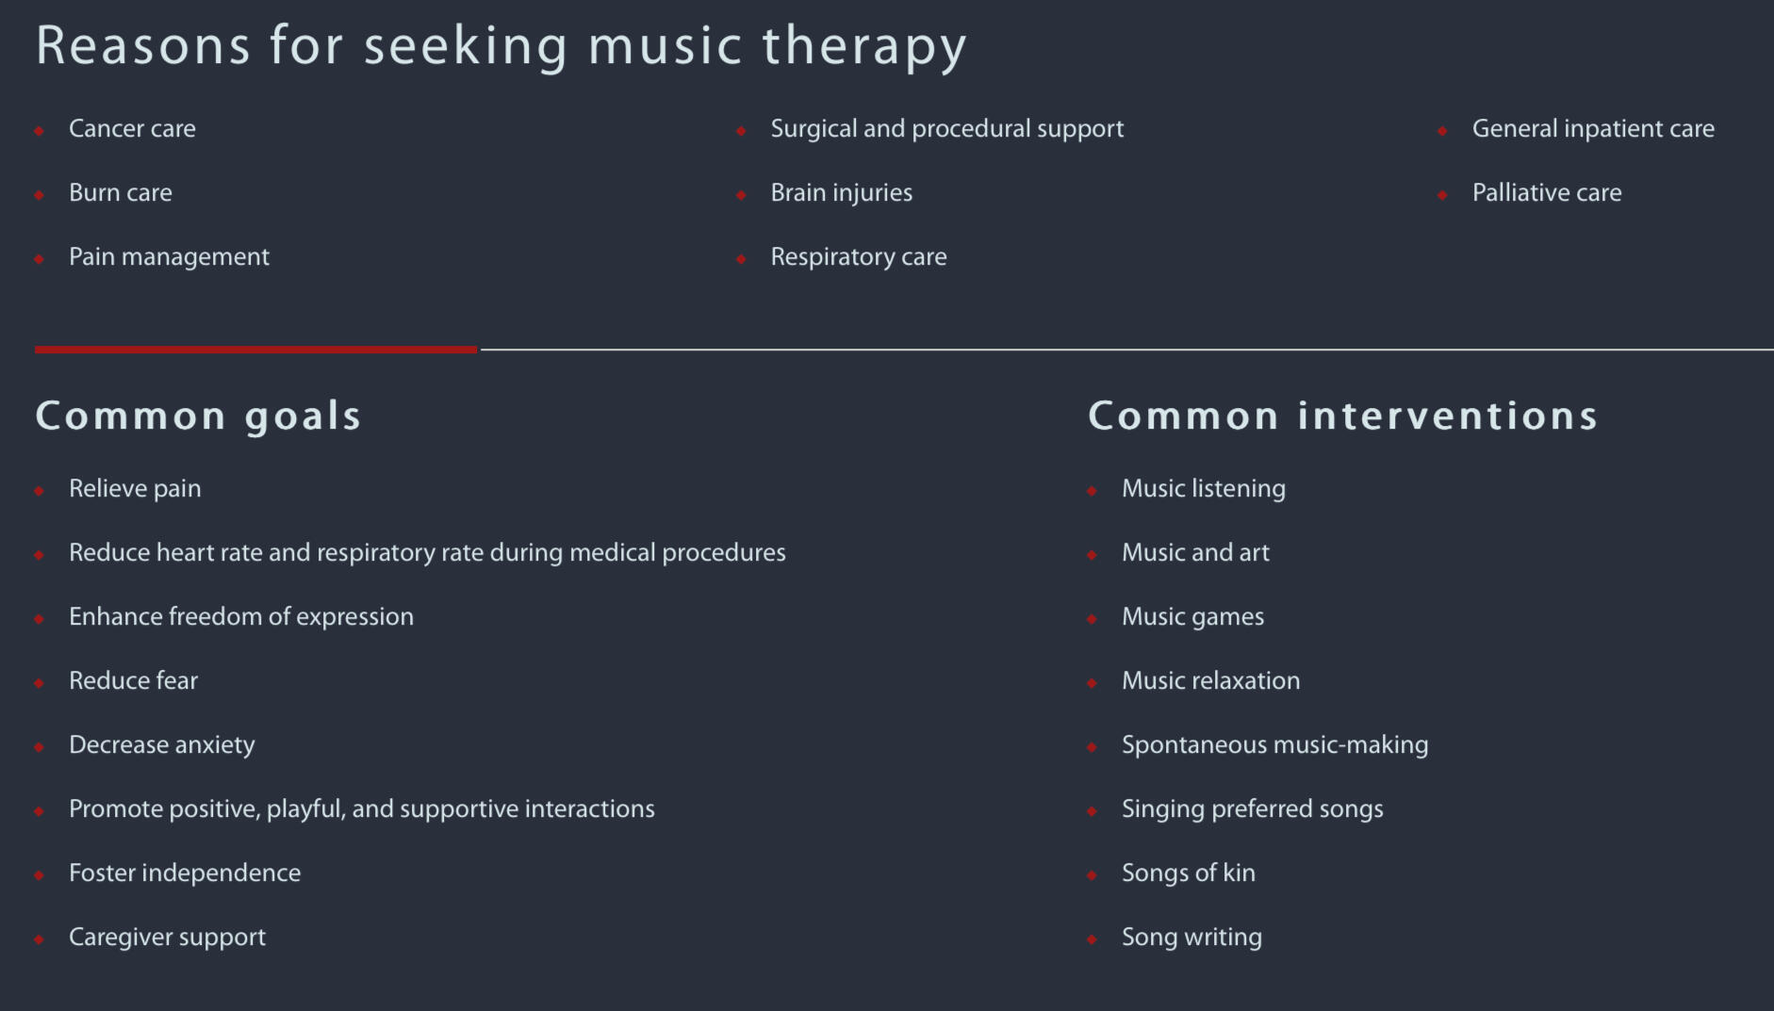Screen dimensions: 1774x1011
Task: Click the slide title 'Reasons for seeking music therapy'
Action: click(x=501, y=47)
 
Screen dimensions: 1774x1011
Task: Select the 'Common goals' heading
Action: click(x=198, y=416)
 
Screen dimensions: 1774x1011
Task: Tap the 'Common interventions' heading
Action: click(x=1343, y=416)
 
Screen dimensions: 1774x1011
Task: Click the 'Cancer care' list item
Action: click(x=132, y=129)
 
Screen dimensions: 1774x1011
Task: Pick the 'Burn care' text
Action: click(x=121, y=193)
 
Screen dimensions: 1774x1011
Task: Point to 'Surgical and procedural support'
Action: click(x=947, y=130)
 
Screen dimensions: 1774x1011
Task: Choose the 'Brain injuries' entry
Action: click(x=842, y=194)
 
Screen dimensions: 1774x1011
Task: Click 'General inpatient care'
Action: click(x=1593, y=130)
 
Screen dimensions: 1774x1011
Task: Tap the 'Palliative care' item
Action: click(x=1547, y=193)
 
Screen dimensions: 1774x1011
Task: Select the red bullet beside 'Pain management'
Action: click(x=40, y=259)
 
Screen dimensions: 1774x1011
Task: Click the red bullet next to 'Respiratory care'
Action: click(x=742, y=259)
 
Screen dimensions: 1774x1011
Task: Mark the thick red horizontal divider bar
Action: click(x=256, y=350)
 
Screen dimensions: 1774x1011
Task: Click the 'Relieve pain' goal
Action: click(x=135, y=490)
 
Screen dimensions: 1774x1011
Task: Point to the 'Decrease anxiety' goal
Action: click(x=162, y=746)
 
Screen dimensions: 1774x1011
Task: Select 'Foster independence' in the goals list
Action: click(x=185, y=873)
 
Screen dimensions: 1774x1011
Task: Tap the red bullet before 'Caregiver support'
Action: click(x=40, y=939)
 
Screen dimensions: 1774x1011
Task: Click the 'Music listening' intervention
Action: click(x=1204, y=490)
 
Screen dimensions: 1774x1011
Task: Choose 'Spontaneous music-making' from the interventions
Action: click(x=1275, y=746)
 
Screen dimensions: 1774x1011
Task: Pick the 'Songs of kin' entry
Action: click(x=1189, y=873)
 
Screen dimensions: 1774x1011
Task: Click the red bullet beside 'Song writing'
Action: click(x=1092, y=939)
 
